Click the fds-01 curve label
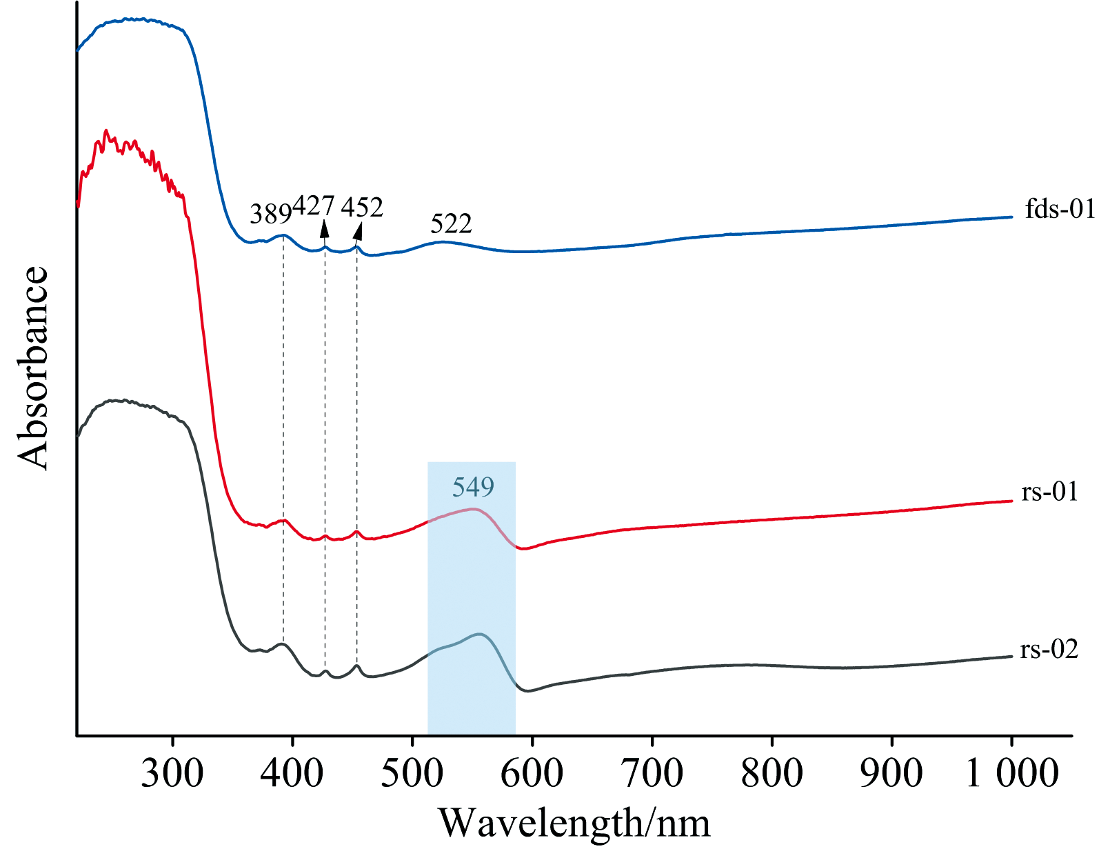pyautogui.click(x=1060, y=208)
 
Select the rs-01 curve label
pyautogui.click(x=1049, y=492)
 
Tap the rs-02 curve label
pyautogui.click(x=1049, y=649)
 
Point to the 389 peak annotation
pyautogui.click(x=270, y=215)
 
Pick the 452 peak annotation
pyautogui.click(x=362, y=207)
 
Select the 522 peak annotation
pyautogui.click(x=451, y=224)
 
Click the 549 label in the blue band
pyautogui.click(x=473, y=488)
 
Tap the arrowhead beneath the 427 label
pyautogui.click(x=324, y=228)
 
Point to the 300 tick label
pyautogui.click(x=172, y=773)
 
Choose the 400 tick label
pyautogui.click(x=292, y=773)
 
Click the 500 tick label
pyautogui.click(x=412, y=773)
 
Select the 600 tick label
pyautogui.click(x=532, y=773)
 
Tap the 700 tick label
pyautogui.click(x=652, y=773)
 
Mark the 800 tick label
pyautogui.click(x=772, y=773)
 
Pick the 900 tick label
pyautogui.click(x=891, y=773)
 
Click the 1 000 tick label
pyautogui.click(x=1011, y=773)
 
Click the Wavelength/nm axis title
pyautogui.click(x=574, y=823)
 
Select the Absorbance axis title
pyautogui.click(x=33, y=368)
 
